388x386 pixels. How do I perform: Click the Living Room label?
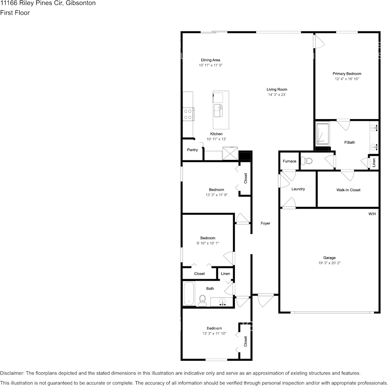coord(277,89)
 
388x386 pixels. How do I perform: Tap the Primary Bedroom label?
coord(347,73)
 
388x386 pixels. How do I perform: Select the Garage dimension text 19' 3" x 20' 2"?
coord(329,263)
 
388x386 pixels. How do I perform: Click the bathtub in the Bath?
coord(189,293)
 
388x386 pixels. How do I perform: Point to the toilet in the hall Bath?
coord(202,301)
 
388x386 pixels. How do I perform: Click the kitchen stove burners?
coord(188,113)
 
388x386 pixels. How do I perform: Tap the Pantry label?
coord(192,150)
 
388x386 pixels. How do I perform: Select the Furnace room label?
coord(289,161)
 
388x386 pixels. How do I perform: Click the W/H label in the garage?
coord(372,214)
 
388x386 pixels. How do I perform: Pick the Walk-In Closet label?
coord(348,190)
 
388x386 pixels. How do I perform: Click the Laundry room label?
coord(298,189)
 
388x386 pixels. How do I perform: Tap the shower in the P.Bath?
coord(322,133)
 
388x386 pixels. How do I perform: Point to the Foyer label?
coord(265,223)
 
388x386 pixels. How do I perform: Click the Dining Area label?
coord(210,60)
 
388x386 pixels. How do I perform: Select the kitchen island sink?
coord(217,110)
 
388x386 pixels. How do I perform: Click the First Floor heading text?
coord(15,13)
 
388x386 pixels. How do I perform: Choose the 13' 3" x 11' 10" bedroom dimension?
coord(214,333)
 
